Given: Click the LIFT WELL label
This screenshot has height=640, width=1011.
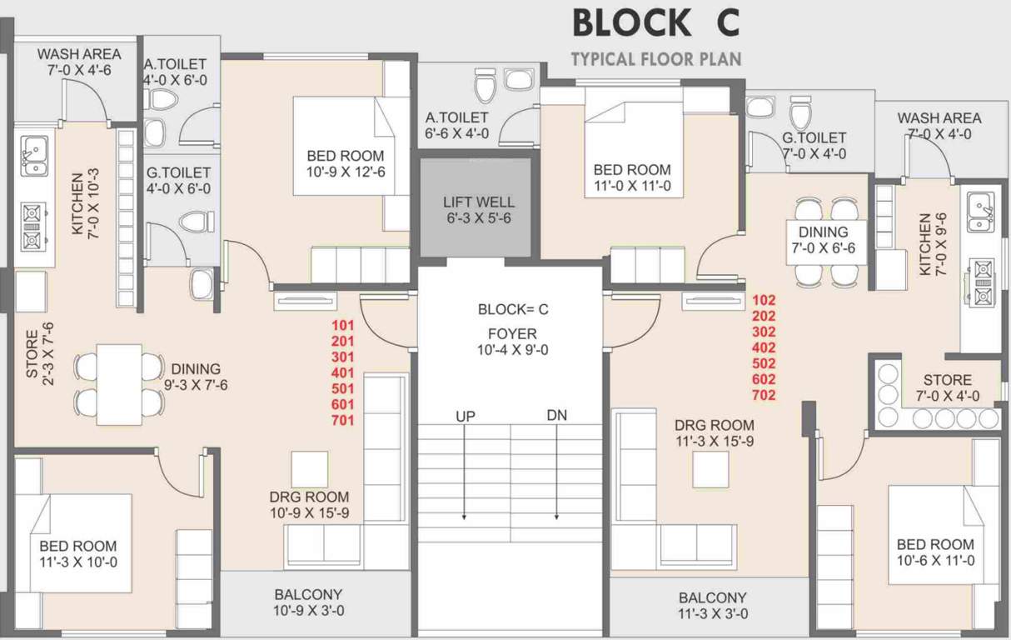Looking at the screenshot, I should coord(478,210).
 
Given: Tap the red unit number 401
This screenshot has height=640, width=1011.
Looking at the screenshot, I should coord(342,372).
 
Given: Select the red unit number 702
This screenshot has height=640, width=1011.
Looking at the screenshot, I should coord(764,395).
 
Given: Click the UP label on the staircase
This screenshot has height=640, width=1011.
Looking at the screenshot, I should coord(465,415).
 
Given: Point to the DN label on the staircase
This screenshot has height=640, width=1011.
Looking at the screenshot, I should coord(556,415).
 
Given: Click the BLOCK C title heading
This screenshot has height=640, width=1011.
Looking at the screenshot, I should coord(655,23).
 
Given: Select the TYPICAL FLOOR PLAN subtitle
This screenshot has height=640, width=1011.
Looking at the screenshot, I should coord(655,59).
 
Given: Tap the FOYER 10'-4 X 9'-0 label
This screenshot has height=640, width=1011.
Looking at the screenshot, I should coord(512,342).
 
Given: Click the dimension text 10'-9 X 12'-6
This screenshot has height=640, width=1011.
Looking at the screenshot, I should coord(345,172).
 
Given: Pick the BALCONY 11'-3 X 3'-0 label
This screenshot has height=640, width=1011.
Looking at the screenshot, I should coord(712,606).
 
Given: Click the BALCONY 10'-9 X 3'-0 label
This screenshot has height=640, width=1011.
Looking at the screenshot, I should coord(309,602).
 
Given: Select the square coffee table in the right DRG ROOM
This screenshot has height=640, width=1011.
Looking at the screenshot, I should coord(710,469).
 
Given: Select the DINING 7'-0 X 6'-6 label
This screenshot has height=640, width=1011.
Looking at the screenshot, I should coord(823,240).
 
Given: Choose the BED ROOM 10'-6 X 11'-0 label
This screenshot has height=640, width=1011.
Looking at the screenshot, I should coord(934,552).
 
